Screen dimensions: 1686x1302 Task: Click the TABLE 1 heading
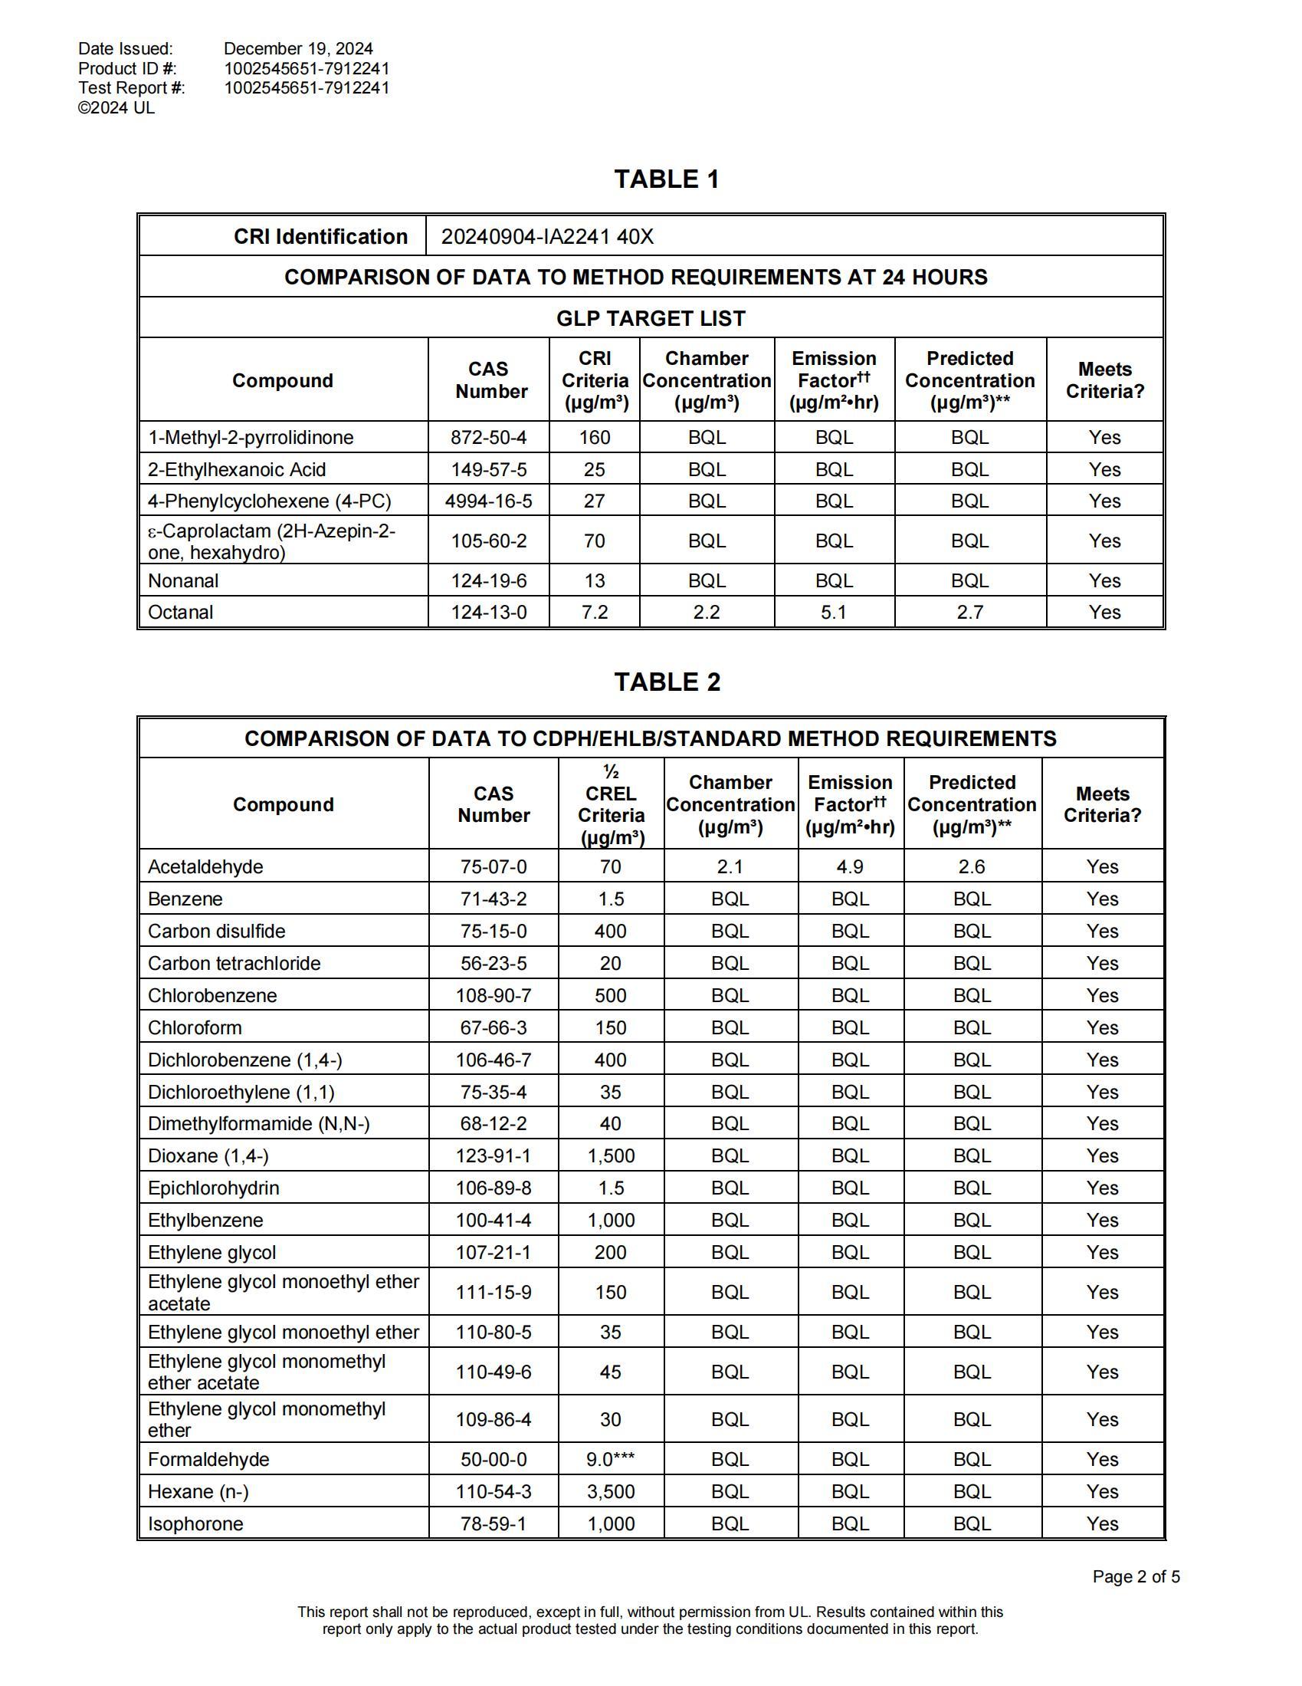click(666, 179)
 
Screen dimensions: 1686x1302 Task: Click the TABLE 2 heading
click(667, 682)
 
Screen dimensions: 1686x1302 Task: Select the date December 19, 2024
click(298, 48)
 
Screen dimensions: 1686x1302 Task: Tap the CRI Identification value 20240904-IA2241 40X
click(546, 236)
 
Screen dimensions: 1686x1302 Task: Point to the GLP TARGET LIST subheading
click(651, 318)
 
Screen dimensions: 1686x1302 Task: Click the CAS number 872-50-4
click(489, 438)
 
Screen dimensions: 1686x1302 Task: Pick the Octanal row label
click(181, 612)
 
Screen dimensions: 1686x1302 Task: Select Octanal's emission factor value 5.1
click(834, 612)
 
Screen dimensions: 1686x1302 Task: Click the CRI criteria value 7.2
click(594, 612)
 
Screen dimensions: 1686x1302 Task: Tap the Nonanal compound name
click(183, 580)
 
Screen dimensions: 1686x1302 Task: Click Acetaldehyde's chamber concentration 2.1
click(730, 867)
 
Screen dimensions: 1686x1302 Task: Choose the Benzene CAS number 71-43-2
click(494, 899)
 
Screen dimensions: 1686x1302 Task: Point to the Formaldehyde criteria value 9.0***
click(611, 1459)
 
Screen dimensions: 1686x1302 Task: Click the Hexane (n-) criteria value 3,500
click(611, 1491)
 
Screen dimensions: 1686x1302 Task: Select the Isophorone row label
click(195, 1524)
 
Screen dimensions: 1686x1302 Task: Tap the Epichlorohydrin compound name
click(213, 1188)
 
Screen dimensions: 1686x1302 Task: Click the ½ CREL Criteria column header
click(611, 804)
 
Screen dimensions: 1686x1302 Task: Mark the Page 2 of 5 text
click(1136, 1576)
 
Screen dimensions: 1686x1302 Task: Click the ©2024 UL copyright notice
click(116, 108)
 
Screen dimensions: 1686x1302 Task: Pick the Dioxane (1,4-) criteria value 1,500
click(611, 1155)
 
